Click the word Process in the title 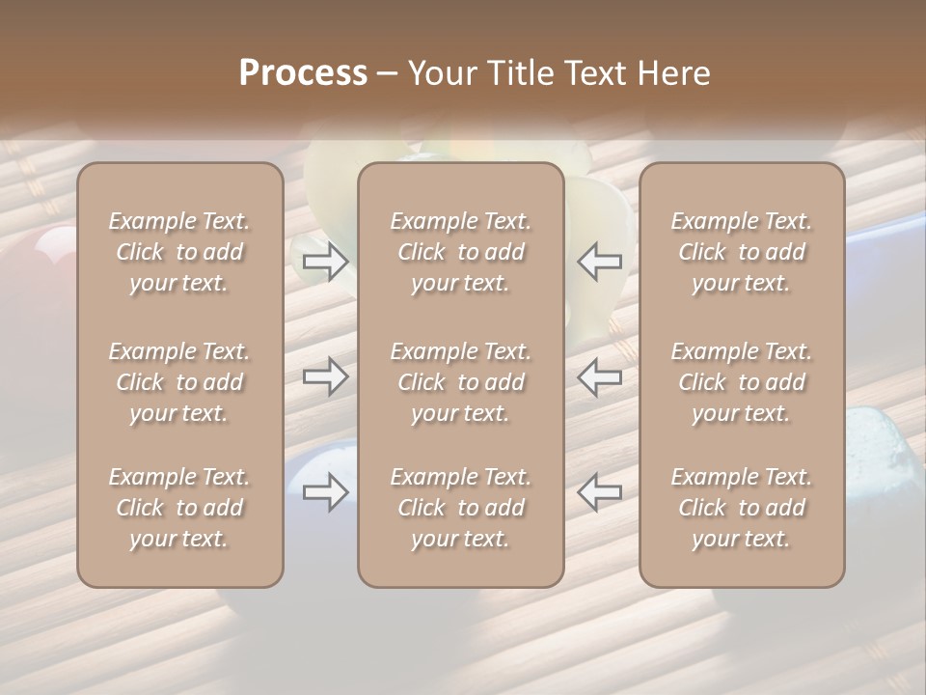303,73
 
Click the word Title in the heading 521,73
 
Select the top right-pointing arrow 325,262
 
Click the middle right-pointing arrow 325,376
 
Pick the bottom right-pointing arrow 325,492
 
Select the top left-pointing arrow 600,262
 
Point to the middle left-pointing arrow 600,376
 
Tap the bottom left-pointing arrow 600,492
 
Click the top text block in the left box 179,252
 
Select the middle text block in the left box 179,382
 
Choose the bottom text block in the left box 179,508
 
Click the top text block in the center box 460,252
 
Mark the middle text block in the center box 460,382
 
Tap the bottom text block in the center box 460,508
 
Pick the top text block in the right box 742,252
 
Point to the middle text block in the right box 742,382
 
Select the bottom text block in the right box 742,508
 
